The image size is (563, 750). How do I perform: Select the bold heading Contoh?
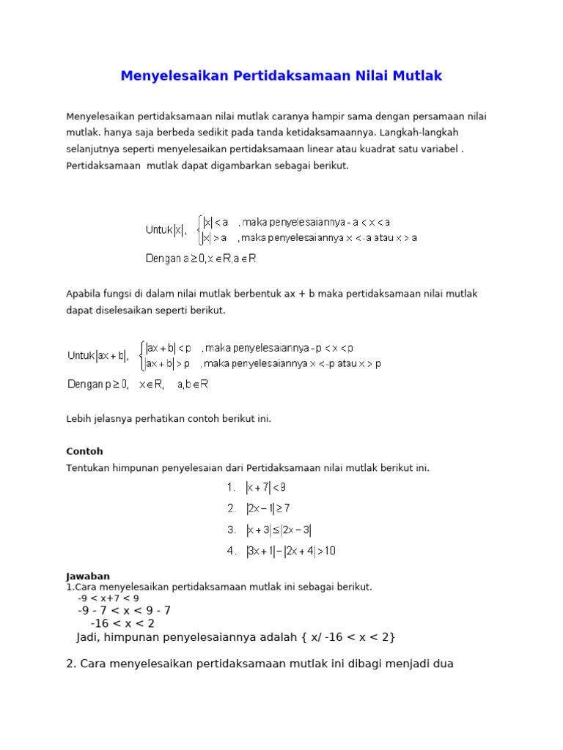click(84, 451)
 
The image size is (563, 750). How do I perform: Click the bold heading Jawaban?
click(88, 576)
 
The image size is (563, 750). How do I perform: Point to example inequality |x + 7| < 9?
click(265, 487)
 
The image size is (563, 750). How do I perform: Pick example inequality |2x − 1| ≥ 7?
click(268, 508)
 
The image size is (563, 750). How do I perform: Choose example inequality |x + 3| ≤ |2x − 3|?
click(282, 530)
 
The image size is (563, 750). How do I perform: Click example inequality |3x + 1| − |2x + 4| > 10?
click(290, 551)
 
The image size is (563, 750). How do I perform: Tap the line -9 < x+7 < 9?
click(108, 598)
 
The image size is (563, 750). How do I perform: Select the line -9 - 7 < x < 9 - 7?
click(124, 611)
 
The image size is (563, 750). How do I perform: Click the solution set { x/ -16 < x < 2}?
click(347, 637)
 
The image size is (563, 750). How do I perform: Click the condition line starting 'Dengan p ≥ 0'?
click(139, 384)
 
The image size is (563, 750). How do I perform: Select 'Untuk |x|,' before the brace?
click(166, 230)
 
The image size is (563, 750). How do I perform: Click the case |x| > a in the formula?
click(215, 237)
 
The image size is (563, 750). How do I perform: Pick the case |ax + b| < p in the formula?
click(169, 348)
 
